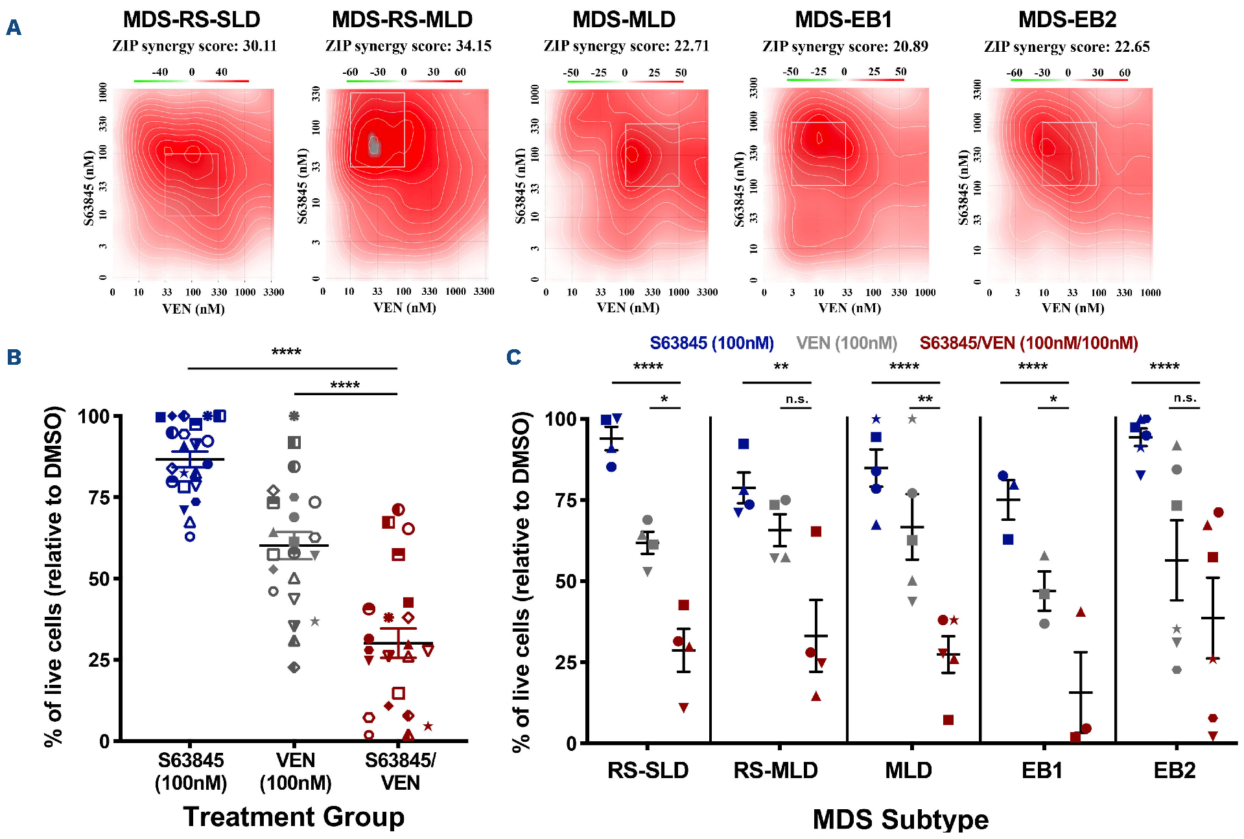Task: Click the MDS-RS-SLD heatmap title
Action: (x=191, y=19)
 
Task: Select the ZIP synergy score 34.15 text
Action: (x=408, y=46)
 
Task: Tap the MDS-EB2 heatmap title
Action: (x=1067, y=19)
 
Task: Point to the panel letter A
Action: (x=14, y=28)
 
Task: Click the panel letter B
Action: (x=14, y=357)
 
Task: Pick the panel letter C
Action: (x=513, y=357)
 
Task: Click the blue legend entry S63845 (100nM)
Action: (x=712, y=343)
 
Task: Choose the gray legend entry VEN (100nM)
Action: (x=847, y=343)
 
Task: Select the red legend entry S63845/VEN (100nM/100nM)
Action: (x=1029, y=343)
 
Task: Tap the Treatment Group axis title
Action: (x=294, y=816)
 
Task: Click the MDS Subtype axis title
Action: (x=900, y=819)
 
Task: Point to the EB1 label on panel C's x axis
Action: (x=1042, y=770)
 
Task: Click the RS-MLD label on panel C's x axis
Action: (x=775, y=770)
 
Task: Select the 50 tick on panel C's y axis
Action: (x=565, y=581)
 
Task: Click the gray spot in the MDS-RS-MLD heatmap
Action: (x=374, y=144)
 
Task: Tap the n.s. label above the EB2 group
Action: (x=1185, y=398)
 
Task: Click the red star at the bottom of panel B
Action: (x=428, y=726)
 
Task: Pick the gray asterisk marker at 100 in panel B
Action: (x=294, y=416)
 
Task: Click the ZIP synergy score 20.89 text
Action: (x=845, y=46)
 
